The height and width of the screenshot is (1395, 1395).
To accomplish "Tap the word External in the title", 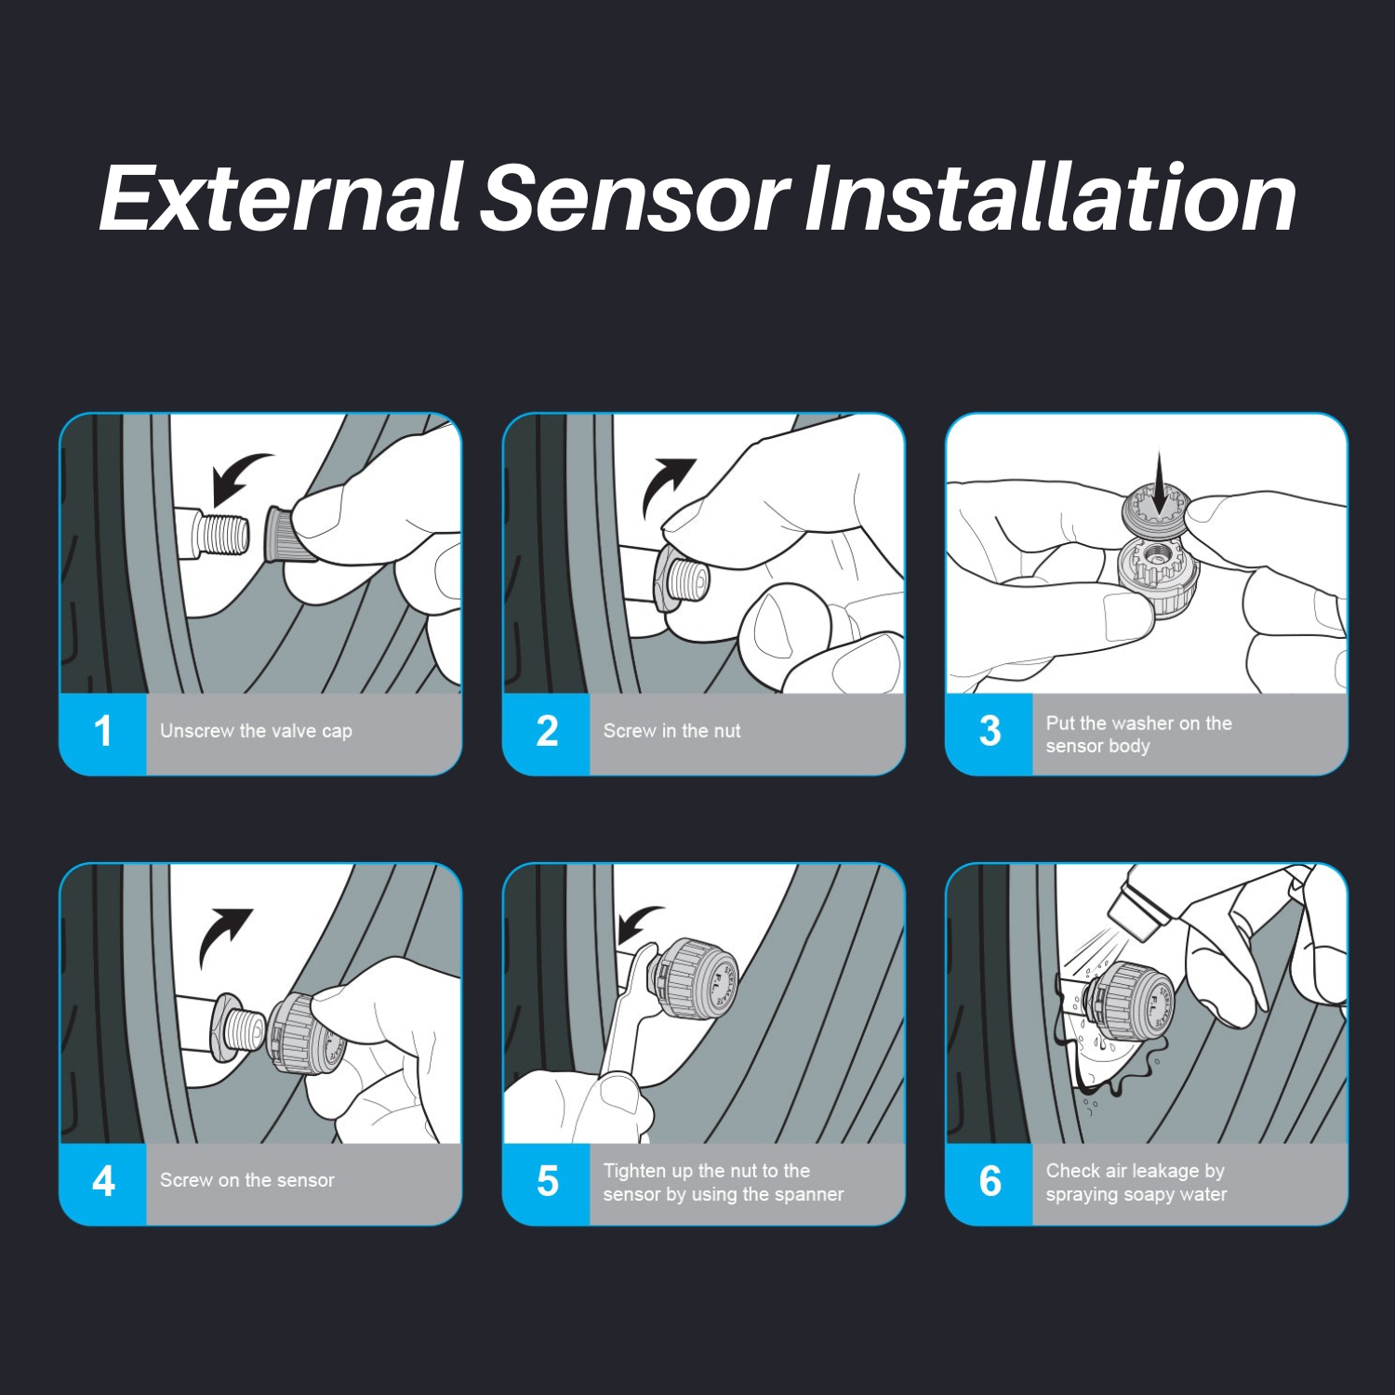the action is coord(281,197).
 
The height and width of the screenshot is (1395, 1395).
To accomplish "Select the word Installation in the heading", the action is coord(1050,197).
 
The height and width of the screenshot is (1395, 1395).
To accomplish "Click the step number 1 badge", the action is coord(103,732).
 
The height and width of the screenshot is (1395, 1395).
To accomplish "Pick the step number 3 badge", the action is coord(990,732).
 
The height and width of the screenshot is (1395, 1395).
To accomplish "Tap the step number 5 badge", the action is coord(547,1182).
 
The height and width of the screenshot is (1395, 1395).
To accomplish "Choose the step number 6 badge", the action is coord(990,1182).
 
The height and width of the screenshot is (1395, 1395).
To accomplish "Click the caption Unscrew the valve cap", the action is coord(256,731).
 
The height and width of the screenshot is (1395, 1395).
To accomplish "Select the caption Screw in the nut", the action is coord(671,731).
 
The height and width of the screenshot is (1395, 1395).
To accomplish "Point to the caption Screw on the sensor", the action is coord(246,1180).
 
